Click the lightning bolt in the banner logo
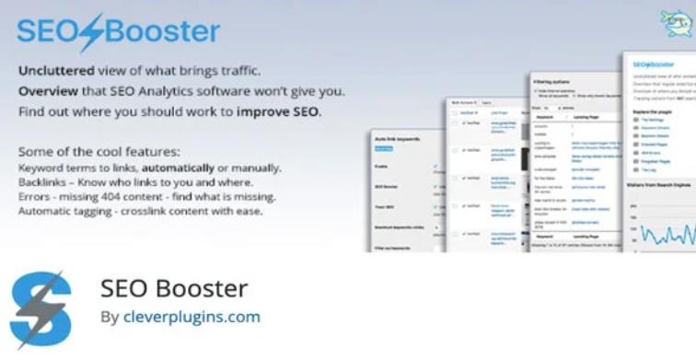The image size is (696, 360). [x=89, y=33]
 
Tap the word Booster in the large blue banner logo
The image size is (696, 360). [x=161, y=32]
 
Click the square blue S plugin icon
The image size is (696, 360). [x=41, y=309]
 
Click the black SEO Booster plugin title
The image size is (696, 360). [x=174, y=288]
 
